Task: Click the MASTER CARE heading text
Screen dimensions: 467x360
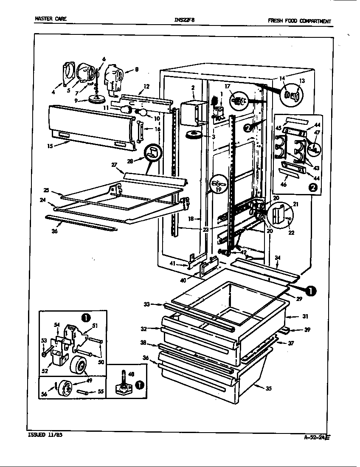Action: (x=50, y=19)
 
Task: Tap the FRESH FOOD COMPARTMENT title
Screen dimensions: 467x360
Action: (x=299, y=21)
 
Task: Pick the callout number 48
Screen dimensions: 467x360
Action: (x=131, y=374)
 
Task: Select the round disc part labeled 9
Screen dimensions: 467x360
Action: (x=98, y=99)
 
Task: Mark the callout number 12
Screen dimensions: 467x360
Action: (x=146, y=86)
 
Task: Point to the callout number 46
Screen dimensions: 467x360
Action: (x=283, y=185)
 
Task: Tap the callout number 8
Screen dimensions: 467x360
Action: (x=137, y=70)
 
